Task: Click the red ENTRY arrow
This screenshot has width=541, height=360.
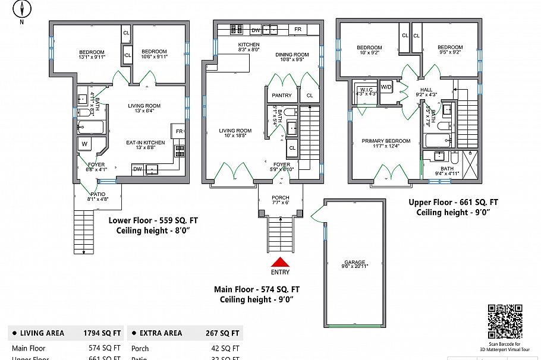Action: pyautogui.click(x=280, y=261)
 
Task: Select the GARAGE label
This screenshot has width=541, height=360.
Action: pyautogui.click(x=355, y=262)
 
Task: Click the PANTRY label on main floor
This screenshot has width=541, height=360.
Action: pyautogui.click(x=281, y=95)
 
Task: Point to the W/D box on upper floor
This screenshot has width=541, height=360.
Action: pyautogui.click(x=386, y=87)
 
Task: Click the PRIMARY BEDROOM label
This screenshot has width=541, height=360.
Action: pyautogui.click(x=386, y=141)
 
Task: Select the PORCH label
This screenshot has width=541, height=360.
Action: pyautogui.click(x=280, y=198)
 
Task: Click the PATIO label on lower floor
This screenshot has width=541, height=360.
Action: pyautogui.click(x=97, y=194)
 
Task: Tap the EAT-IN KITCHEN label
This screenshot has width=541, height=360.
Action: pyautogui.click(x=145, y=143)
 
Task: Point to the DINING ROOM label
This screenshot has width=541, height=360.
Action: pyautogui.click(x=292, y=55)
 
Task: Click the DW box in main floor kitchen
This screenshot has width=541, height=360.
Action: pyautogui.click(x=255, y=30)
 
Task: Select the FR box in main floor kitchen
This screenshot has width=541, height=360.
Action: pyautogui.click(x=297, y=30)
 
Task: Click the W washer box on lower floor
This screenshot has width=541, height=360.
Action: pyautogui.click(x=84, y=144)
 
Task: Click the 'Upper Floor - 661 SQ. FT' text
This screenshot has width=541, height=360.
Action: pyautogui.click(x=453, y=202)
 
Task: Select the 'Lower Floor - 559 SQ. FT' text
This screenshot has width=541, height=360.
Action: pyautogui.click(x=153, y=220)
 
